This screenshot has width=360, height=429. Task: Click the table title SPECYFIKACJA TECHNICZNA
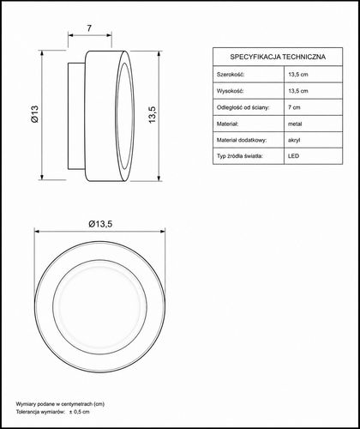pyautogui.click(x=278, y=57)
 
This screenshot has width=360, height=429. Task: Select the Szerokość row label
pyautogui.click(x=231, y=75)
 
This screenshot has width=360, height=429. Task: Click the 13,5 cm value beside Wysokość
pyautogui.click(x=298, y=91)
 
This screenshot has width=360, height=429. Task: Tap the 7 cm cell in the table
pyautogui.click(x=294, y=107)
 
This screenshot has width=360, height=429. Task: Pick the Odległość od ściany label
pyautogui.click(x=243, y=107)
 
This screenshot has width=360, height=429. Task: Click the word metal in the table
pyautogui.click(x=295, y=124)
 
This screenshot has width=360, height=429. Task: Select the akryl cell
pyautogui.click(x=294, y=141)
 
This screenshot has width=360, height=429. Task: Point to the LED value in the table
pyautogui.click(x=293, y=156)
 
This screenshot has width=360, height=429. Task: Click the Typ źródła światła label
pyautogui.click(x=240, y=156)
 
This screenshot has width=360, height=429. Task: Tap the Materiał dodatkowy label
pyautogui.click(x=242, y=140)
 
